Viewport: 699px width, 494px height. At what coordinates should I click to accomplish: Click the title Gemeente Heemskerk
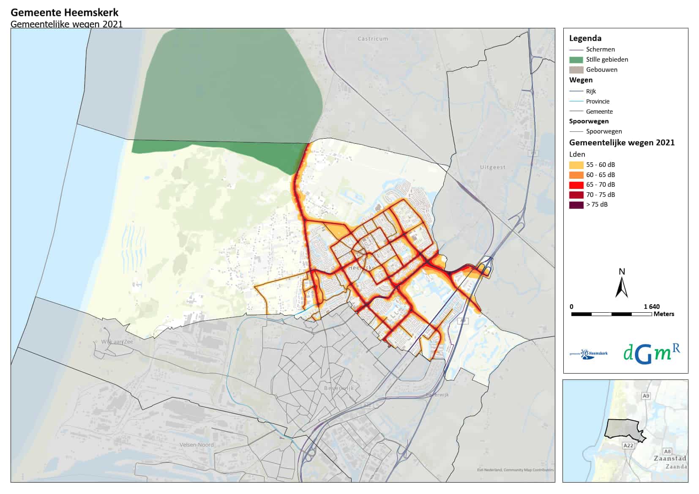click(x=65, y=13)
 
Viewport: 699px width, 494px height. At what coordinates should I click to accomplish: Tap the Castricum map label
click(x=373, y=39)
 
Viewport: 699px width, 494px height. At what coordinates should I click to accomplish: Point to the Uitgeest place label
click(x=493, y=167)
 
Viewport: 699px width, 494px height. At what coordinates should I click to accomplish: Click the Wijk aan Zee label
click(x=117, y=342)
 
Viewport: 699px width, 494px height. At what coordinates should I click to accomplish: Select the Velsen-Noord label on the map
click(x=197, y=445)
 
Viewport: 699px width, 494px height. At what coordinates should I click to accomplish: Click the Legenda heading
click(x=585, y=38)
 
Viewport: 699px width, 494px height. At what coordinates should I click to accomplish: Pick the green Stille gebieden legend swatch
click(x=576, y=60)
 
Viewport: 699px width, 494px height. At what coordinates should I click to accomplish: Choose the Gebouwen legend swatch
click(x=576, y=70)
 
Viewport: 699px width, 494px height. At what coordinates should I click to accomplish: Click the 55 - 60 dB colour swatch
click(x=576, y=165)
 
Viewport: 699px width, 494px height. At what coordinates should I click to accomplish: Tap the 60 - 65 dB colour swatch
click(x=576, y=175)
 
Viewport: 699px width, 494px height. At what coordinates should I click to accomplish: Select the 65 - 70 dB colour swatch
click(x=576, y=185)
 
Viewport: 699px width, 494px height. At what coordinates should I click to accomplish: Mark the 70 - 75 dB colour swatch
click(x=576, y=195)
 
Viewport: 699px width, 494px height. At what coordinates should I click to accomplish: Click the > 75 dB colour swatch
click(x=576, y=205)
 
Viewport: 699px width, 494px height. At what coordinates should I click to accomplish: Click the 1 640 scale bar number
click(x=652, y=307)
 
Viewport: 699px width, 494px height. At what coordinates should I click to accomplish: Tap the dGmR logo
click(x=651, y=353)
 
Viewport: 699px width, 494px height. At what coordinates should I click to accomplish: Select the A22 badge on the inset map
click(x=628, y=445)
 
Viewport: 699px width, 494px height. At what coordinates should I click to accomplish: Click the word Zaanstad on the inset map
click(x=670, y=459)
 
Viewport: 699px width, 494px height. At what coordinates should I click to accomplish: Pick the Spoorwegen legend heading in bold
click(x=589, y=121)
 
